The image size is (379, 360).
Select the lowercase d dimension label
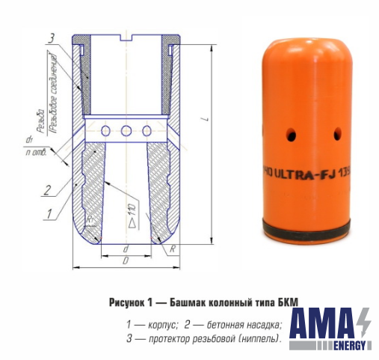(126, 249)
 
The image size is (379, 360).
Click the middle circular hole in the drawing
(126, 132)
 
